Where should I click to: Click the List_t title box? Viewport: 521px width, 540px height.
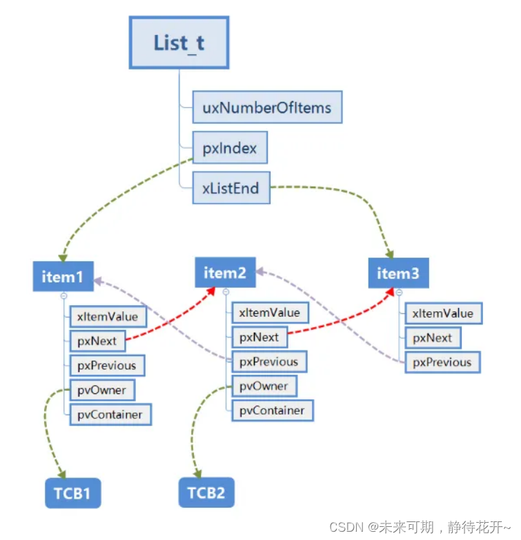click(179, 43)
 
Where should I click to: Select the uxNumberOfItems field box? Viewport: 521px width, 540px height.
click(267, 108)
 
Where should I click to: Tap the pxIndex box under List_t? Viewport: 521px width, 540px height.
click(229, 148)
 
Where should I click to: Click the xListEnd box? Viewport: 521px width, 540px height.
click(231, 188)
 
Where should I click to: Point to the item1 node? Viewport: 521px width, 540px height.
click(62, 277)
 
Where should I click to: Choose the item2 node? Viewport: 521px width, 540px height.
click(225, 273)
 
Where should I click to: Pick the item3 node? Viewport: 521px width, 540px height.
click(398, 273)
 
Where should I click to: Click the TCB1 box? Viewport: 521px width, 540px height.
click(73, 493)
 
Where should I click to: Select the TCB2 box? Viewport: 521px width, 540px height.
click(206, 492)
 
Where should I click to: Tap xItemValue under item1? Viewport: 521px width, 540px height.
click(108, 316)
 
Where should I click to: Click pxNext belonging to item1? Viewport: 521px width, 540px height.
click(97, 340)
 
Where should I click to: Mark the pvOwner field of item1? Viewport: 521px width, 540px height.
click(102, 390)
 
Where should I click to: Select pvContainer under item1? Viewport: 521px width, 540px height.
click(110, 415)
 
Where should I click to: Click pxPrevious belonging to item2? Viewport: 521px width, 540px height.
click(269, 362)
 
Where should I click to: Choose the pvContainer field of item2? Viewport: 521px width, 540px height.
click(272, 411)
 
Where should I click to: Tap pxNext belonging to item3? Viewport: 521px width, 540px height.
click(433, 337)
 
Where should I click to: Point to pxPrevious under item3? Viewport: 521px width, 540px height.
click(442, 362)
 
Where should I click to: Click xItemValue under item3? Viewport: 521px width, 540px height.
click(443, 313)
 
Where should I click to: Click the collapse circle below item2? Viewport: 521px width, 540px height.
click(225, 292)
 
